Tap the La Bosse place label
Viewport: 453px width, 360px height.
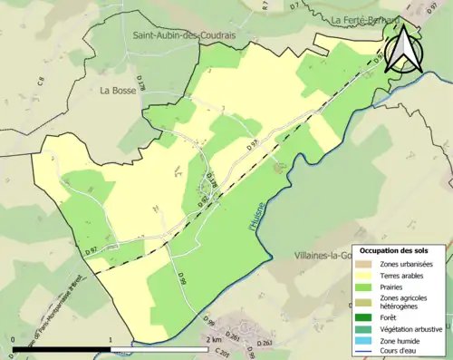pyautogui.click(x=119, y=91)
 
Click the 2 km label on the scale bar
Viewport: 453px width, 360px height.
pyautogui.click(x=213, y=339)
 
